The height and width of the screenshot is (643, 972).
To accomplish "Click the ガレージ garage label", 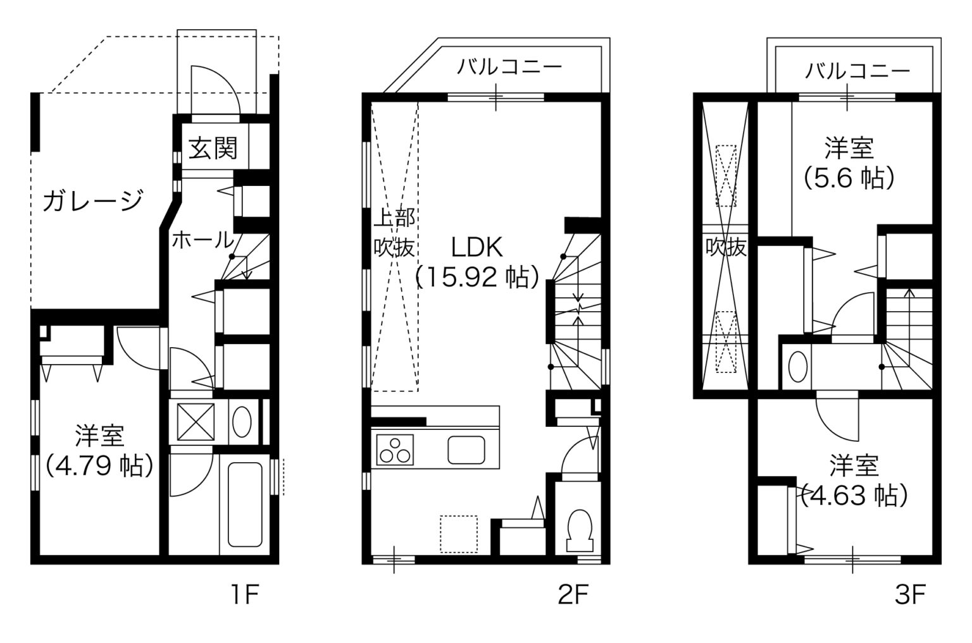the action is (93, 201).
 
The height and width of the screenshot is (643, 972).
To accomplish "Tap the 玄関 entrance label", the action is (213, 149).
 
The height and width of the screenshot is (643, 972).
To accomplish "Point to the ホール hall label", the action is (203, 240).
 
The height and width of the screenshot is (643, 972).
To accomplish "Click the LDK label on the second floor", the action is (477, 248).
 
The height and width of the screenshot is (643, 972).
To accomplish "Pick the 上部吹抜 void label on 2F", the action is (394, 233).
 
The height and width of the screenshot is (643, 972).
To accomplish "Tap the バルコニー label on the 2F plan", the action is (509, 67).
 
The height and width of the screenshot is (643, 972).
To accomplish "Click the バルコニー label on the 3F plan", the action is (857, 71).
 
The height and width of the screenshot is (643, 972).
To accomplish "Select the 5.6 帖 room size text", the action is (849, 178).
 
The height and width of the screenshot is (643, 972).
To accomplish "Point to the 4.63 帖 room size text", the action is (854, 495).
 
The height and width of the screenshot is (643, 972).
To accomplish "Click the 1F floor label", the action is (245, 594).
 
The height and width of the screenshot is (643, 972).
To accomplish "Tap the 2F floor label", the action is (573, 594).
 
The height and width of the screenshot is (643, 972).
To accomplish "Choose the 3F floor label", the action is (910, 594).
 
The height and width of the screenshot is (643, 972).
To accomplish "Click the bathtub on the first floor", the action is (245, 505).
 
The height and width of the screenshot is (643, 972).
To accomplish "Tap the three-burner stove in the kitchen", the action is (395, 450).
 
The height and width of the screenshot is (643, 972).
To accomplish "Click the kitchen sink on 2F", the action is (466, 450).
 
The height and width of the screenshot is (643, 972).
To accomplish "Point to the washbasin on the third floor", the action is (797, 366).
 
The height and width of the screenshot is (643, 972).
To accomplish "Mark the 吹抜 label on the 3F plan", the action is (726, 247).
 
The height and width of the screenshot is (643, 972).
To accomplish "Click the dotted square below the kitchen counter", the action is (459, 534).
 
